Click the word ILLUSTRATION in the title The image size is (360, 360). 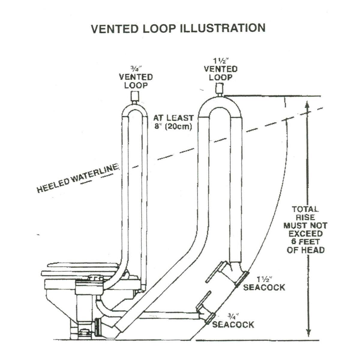point(222,28)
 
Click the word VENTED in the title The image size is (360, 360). point(112,28)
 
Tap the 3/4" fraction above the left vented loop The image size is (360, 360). point(136,69)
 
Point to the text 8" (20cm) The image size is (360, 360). point(173,126)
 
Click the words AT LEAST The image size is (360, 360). point(173,118)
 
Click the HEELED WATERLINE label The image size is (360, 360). point(77,179)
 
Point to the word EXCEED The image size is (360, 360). point(305,233)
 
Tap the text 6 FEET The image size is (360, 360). point(305,241)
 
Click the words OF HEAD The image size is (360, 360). point(305,250)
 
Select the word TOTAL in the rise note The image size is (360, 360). point(305,209)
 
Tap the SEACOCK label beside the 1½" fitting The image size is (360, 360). point(264,287)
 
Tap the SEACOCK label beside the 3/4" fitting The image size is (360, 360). point(233,324)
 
